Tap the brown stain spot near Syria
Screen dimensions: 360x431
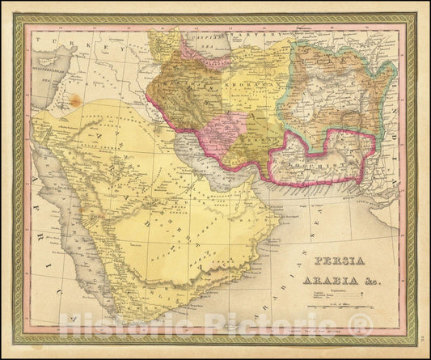(x=75, y=101)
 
